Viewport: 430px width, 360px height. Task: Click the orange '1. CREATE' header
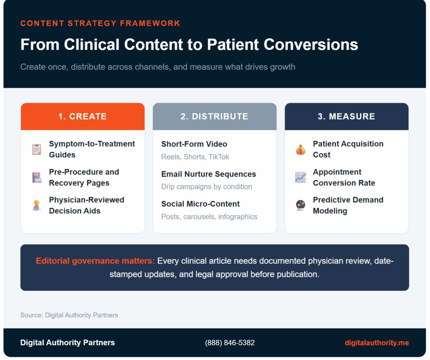pos(82,116)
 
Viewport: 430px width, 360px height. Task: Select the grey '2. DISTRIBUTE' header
pos(214,116)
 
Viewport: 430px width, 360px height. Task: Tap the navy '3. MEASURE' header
pos(346,116)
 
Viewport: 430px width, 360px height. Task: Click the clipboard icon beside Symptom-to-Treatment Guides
pos(37,150)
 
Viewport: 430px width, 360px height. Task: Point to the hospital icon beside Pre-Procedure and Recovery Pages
pos(37,177)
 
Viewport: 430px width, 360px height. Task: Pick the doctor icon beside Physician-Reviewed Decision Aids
pos(37,205)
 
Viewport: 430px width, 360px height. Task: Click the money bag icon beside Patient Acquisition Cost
pos(301,150)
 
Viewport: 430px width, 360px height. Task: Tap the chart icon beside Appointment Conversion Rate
pos(301,177)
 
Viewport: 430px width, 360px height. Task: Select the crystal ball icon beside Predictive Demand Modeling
pos(301,205)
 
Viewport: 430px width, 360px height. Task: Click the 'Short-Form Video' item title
pos(194,144)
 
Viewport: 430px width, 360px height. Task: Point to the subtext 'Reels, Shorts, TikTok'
pos(195,157)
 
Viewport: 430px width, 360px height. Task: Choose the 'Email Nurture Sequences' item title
pos(208,174)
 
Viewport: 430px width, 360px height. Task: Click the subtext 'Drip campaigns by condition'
pos(207,187)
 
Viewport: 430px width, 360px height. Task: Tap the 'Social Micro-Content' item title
pos(200,204)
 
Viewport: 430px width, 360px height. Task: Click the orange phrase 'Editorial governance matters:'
pos(95,261)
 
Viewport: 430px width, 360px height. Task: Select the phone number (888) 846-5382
pos(230,343)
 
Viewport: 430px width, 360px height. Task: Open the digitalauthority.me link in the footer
pos(377,343)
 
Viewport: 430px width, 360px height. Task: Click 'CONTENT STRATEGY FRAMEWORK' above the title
pos(100,23)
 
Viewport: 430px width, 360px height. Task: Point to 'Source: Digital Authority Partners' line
pos(69,315)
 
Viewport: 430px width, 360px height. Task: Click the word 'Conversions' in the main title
pos(316,45)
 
